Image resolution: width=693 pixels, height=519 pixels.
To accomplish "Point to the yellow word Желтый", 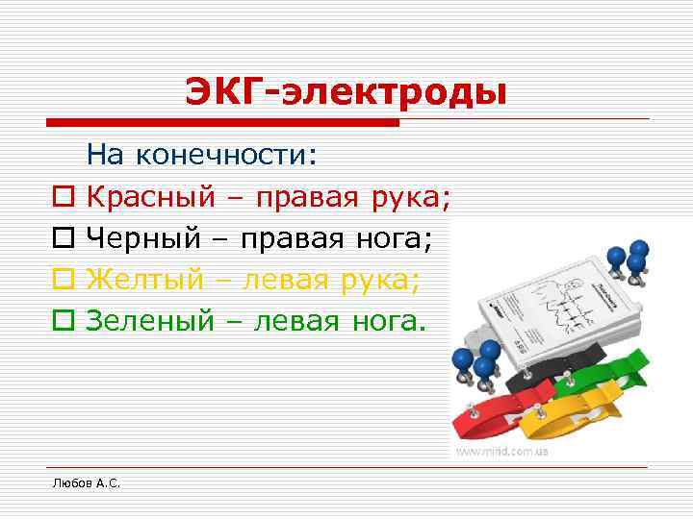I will [x=145, y=279].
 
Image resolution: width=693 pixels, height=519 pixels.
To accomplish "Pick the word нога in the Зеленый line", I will [x=381, y=320].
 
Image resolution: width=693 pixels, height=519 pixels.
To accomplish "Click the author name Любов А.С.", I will [x=86, y=482].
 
